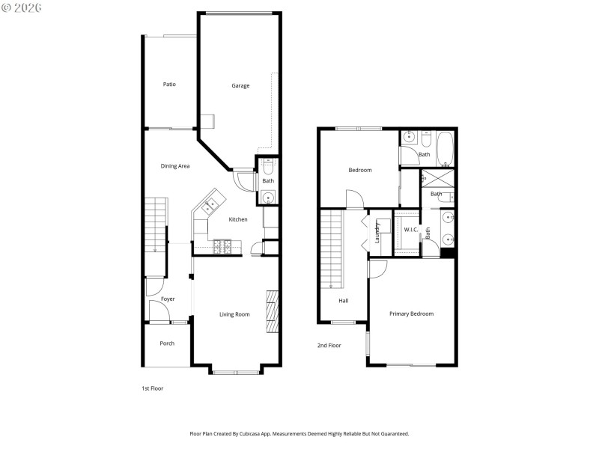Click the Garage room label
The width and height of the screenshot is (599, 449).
[240, 86]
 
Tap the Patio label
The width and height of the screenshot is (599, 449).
[170, 85]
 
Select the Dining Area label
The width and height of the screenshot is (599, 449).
[174, 166]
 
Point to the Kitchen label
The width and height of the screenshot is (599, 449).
[238, 219]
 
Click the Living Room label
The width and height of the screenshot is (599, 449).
[234, 314]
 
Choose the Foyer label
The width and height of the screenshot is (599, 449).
[168, 299]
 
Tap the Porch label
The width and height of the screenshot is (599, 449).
[167, 343]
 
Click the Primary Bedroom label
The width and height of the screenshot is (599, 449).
[411, 314]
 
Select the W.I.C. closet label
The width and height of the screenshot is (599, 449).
[411, 230]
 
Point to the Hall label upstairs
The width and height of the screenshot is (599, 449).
[344, 301]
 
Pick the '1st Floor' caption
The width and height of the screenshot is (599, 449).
[153, 388]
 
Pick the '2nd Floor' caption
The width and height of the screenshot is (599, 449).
[329, 346]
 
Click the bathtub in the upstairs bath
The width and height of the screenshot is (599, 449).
[445, 147]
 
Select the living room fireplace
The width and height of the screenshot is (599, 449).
[273, 310]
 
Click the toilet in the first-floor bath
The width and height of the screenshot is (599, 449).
[268, 166]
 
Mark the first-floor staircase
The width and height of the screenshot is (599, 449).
[154, 224]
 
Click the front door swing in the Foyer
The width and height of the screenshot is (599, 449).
[153, 287]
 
